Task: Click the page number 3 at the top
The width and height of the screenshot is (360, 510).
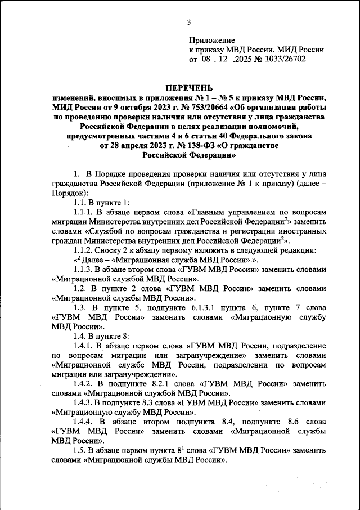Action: pos(189,23)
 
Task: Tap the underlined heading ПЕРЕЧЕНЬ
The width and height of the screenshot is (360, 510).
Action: pos(188,88)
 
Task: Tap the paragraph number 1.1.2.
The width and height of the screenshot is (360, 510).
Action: pos(84,250)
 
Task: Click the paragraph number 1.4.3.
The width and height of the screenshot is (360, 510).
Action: pos(84,403)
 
